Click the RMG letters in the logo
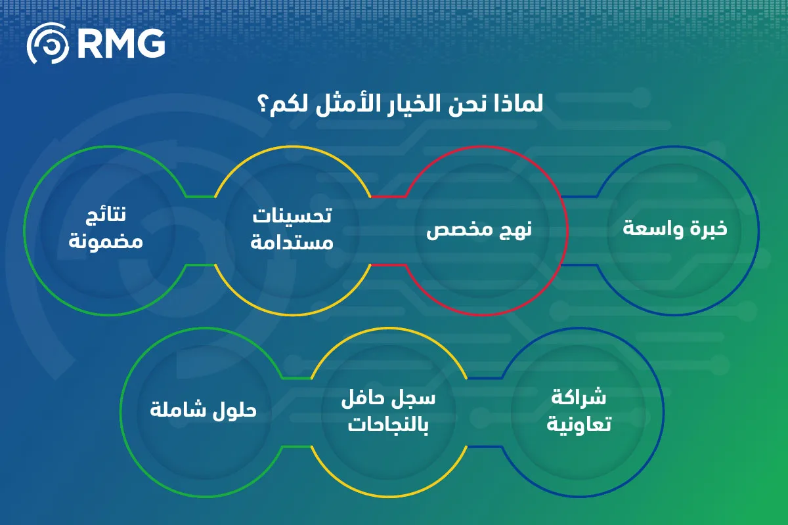tap(121, 43)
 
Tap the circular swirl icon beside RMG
tap(48, 43)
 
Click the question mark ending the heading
tap(264, 105)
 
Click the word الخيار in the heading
tap(413, 104)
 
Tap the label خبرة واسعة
tap(675, 228)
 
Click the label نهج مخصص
tap(479, 230)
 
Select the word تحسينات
tap(292, 215)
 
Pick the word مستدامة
tap(292, 242)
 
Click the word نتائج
tap(106, 215)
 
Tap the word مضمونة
tap(106, 242)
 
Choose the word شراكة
tap(579, 397)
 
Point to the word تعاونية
tap(579, 424)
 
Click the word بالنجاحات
tap(388, 425)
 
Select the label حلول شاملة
tap(204, 410)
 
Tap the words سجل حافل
tap(388, 399)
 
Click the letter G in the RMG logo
tap(151, 43)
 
